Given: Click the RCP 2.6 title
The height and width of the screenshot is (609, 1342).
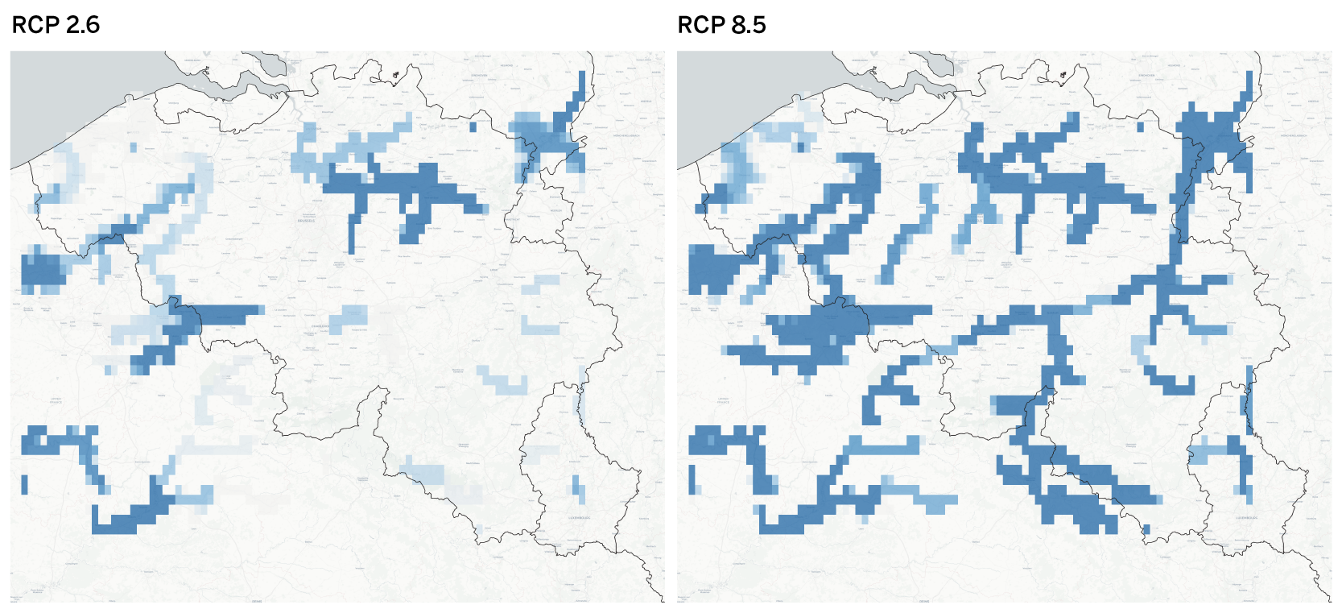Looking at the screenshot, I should pos(56,25).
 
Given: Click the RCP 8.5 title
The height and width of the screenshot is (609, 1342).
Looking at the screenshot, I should pos(721,25).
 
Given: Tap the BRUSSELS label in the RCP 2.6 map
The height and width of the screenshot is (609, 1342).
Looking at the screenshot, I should pos(306,220).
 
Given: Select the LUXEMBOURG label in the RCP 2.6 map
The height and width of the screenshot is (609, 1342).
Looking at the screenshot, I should pos(580,518).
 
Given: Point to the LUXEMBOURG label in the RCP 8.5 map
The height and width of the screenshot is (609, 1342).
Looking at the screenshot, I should pos(1246,518).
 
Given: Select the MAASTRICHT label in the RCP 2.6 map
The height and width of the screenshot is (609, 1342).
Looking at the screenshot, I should pos(513,217).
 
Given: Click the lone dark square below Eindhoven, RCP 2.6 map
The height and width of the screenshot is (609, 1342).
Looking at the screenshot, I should pos(473,126).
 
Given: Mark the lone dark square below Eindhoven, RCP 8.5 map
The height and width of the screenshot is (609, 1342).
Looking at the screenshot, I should pos(1139,126).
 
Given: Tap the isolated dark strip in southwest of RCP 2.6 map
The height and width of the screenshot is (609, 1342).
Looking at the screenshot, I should pos(24,484).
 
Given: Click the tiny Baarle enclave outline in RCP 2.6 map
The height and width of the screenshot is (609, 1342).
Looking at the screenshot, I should pos(395,77).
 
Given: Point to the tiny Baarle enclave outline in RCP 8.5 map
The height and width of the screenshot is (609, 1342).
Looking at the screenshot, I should pos(1062,77).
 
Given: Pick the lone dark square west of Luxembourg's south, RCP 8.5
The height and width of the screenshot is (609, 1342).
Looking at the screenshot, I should pos(1146,529).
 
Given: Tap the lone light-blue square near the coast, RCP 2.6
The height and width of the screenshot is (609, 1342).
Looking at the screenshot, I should pos(134,147).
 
